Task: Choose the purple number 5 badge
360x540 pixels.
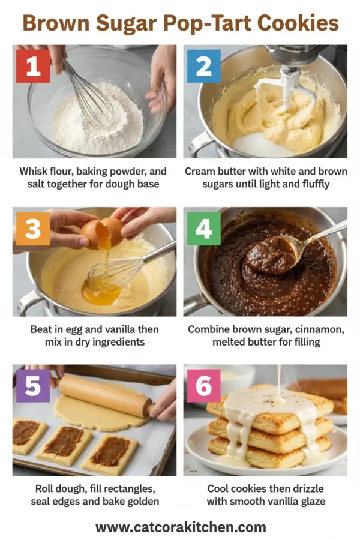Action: pos(32,386)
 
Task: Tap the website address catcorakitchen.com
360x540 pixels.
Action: pos(180,527)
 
